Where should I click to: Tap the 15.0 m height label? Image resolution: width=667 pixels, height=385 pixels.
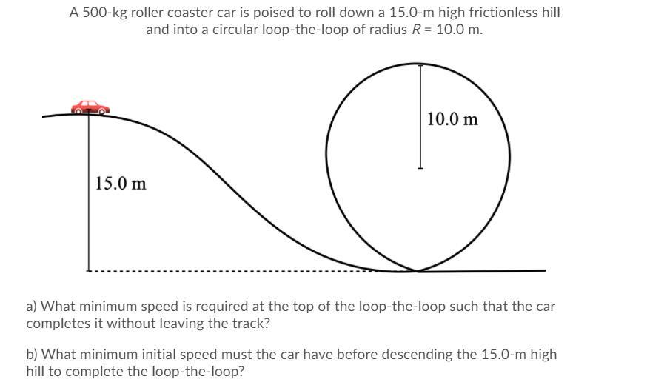click(x=121, y=183)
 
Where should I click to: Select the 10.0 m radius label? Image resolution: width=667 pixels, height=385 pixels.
click(x=452, y=119)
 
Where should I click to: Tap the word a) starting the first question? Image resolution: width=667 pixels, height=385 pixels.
click(x=33, y=306)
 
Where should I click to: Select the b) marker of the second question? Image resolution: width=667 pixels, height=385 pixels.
click(x=33, y=355)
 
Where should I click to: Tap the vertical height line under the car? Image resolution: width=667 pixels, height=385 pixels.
click(x=89, y=192)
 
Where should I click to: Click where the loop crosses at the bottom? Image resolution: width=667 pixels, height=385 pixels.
click(x=418, y=270)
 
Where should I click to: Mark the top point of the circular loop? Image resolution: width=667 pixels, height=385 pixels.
click(x=420, y=64)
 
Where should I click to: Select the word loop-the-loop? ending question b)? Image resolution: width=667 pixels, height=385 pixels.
click(x=200, y=372)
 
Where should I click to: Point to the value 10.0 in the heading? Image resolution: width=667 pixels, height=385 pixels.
click(x=450, y=30)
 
